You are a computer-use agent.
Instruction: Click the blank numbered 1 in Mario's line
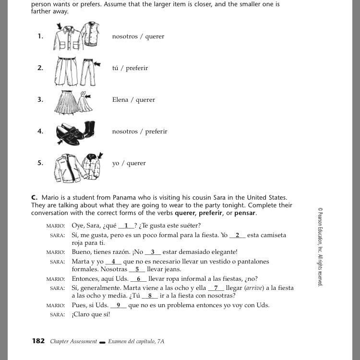127,226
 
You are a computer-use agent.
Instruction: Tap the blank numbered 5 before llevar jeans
137,269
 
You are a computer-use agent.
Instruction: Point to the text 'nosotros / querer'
138,36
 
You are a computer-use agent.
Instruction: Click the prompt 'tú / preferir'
130,68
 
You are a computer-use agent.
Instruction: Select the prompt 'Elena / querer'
134,100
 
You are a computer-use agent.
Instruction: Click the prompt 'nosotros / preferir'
140,132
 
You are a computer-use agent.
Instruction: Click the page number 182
38,341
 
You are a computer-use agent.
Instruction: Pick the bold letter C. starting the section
35,197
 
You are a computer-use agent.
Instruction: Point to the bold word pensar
246,213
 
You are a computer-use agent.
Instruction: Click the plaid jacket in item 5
92,166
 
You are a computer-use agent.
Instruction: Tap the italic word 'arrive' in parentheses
253,288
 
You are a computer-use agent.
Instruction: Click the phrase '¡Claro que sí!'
91,314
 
